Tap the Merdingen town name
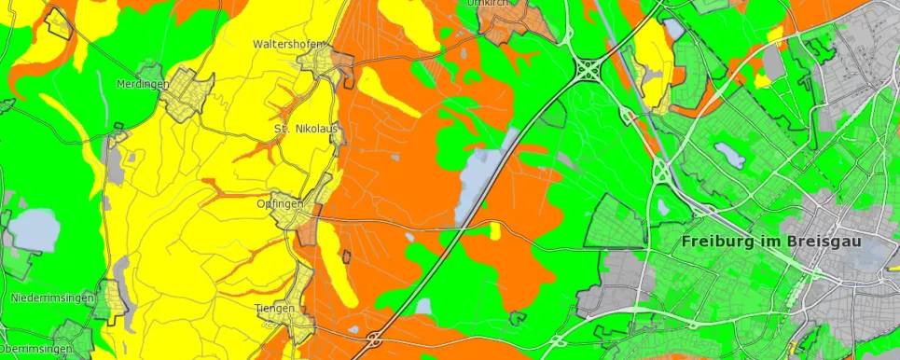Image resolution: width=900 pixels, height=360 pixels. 142,84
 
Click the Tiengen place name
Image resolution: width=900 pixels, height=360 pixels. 274,308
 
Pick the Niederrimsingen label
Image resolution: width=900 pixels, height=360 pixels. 52,298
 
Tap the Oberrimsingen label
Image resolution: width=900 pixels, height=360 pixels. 35,349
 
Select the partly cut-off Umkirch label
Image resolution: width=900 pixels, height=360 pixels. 487,4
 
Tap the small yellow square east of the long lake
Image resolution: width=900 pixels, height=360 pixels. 495,230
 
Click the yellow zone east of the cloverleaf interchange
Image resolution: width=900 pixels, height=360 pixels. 653,61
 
